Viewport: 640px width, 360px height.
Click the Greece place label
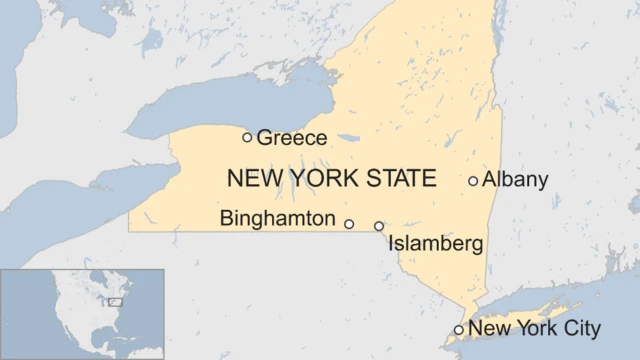292,138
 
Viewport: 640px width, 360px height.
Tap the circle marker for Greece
248,137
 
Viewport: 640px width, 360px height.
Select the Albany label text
515,180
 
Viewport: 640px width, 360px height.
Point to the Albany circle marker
473,181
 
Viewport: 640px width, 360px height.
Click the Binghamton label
278,218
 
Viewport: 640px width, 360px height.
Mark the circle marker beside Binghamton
349,224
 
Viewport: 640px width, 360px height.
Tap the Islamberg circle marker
379,226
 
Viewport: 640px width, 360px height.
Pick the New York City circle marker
459,329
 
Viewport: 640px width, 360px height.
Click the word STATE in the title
400,179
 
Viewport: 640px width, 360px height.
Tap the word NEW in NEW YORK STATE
251,179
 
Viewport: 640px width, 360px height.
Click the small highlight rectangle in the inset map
115,301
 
